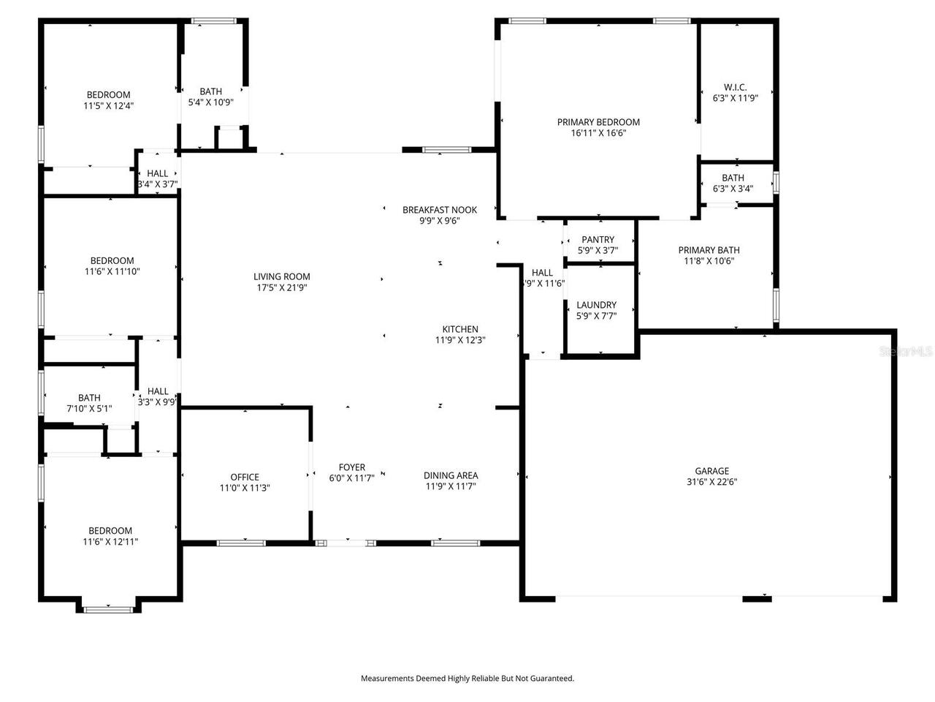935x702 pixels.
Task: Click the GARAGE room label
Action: [711, 471]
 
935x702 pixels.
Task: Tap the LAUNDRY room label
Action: [596, 305]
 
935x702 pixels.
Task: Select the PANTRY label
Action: [598, 240]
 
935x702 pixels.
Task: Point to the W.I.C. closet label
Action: [735, 87]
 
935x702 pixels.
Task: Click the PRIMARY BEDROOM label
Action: [598, 122]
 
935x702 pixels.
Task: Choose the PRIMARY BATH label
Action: [709, 250]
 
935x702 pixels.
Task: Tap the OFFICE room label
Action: [245, 478]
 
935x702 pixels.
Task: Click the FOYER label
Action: [351, 467]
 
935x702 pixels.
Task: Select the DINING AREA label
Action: [451, 475]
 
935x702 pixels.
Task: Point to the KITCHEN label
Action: [460, 329]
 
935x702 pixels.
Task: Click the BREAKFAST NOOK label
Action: [439, 210]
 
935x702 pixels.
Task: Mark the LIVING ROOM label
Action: [281, 276]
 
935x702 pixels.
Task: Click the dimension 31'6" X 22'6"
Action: [711, 482]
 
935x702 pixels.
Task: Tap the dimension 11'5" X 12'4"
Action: [108, 105]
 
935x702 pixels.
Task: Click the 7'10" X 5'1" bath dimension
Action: [89, 409]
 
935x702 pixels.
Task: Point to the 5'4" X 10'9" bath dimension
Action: [210, 102]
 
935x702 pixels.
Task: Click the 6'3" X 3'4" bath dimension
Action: [733, 189]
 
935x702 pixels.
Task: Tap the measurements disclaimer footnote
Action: [467, 679]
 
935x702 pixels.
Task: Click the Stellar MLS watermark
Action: [906, 352]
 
